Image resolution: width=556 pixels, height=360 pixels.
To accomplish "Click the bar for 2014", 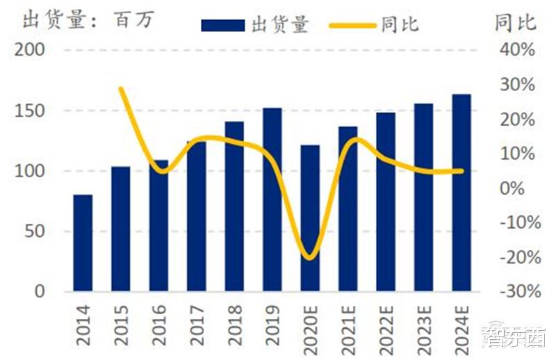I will coord(83,243).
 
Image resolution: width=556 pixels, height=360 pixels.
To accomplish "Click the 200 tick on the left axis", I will coord(30,50).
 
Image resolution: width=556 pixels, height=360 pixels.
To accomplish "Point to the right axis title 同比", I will coord(515,22).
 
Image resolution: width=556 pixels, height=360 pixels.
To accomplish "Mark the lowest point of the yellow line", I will coord(310,258).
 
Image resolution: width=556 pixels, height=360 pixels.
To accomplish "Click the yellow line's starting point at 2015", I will coord(121,88).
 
